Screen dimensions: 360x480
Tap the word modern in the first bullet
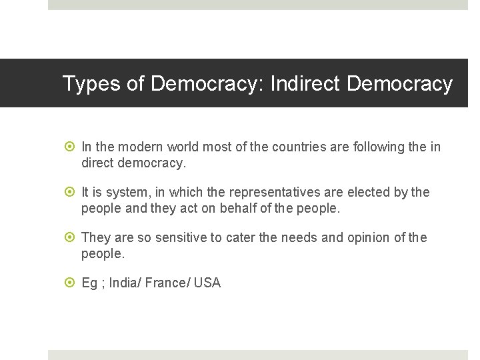(141, 147)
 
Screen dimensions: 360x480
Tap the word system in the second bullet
(128, 192)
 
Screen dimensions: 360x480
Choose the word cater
(236, 237)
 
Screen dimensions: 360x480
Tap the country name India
(121, 283)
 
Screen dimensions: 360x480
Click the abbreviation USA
(207, 283)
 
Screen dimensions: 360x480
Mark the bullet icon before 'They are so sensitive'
(71, 237)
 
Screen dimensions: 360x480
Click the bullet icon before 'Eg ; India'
(71, 283)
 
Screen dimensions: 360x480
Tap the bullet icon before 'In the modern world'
(71, 147)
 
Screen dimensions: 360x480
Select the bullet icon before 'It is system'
(71, 192)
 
